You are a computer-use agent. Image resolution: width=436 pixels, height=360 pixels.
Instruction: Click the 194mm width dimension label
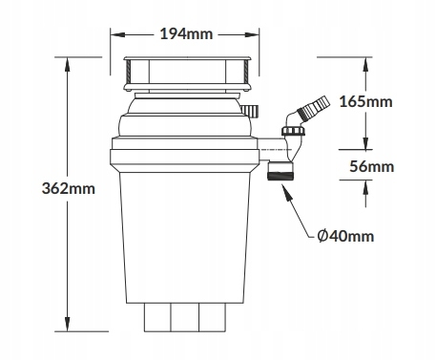(x=186, y=33)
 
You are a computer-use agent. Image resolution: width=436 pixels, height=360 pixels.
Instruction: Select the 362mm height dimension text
(x=69, y=188)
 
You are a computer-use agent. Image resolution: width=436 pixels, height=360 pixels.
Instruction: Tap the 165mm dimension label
(x=365, y=101)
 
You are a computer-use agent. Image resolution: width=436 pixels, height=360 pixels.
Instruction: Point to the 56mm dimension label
(x=371, y=166)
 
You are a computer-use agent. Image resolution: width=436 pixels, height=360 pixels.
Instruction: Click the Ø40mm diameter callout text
(x=345, y=236)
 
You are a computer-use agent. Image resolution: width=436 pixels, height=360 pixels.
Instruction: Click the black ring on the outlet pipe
(x=280, y=176)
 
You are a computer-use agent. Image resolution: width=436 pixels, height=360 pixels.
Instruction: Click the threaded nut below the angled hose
(x=293, y=131)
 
